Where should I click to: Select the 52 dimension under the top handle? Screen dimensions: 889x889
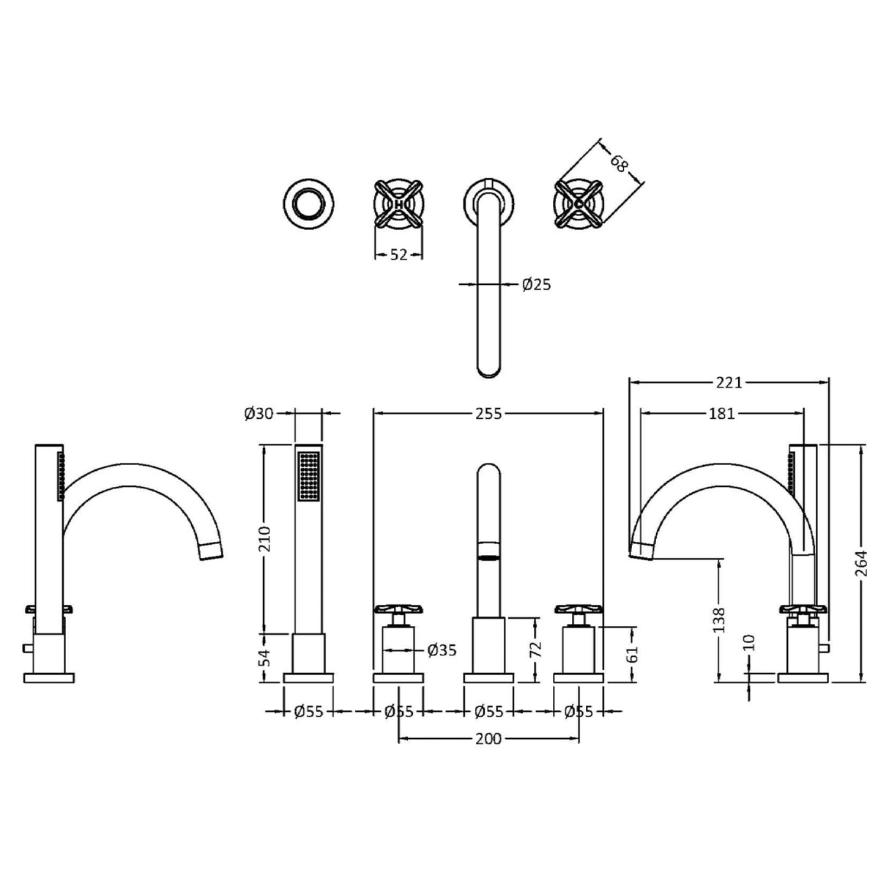point(398,254)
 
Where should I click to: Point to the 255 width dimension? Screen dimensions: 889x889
point(488,414)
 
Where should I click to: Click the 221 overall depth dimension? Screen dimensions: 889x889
point(729,382)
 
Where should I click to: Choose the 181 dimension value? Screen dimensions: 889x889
point(721,414)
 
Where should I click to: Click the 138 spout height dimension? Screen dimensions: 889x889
point(719,619)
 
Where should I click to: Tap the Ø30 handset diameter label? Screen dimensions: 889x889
point(258,414)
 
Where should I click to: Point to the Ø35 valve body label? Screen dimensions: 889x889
point(442,650)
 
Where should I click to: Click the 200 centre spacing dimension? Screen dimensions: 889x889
point(488,739)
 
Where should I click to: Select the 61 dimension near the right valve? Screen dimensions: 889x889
point(634,653)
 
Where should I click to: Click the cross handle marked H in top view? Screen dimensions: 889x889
point(398,205)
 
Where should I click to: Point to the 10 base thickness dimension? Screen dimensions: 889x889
point(748,643)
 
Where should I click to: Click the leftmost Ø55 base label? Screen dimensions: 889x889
point(308,710)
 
